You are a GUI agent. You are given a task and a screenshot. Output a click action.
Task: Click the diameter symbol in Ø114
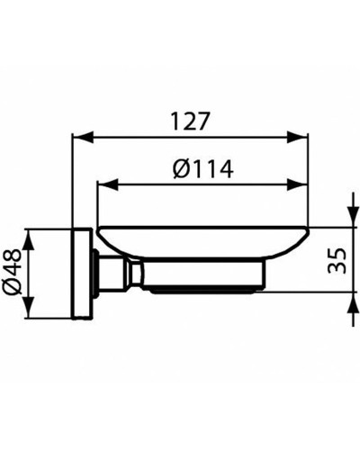179,169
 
